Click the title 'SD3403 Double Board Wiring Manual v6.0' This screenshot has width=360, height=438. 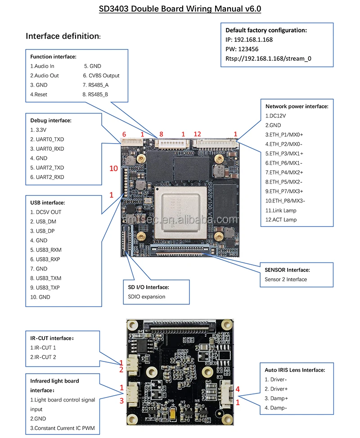[180, 9]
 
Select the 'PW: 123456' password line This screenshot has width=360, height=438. [243, 49]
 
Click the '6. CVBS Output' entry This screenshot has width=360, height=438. [101, 76]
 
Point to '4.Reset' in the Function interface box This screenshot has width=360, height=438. [39, 95]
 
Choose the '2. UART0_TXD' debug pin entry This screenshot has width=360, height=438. [47, 140]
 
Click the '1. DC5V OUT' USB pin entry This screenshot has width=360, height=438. [46, 212]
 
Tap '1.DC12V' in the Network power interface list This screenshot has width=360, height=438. [275, 116]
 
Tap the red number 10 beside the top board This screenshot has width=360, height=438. [114, 169]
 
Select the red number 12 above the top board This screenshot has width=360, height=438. [197, 134]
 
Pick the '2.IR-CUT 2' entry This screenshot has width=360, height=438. [43, 357]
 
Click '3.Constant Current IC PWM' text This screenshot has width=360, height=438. [63, 428]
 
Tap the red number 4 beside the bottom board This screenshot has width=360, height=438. [238, 389]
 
